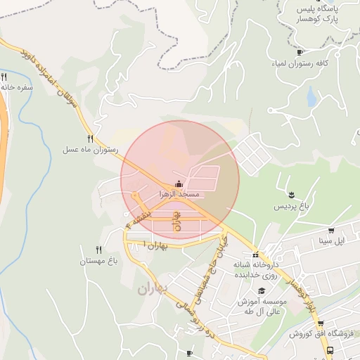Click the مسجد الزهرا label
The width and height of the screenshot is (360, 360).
click(x=180, y=193)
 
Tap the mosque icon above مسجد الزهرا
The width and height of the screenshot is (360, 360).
click(x=176, y=184)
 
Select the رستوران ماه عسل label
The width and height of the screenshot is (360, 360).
click(x=91, y=150)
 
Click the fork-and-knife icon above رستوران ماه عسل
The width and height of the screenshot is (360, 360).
click(x=90, y=139)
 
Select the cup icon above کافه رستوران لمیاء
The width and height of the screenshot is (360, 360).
click(x=300, y=52)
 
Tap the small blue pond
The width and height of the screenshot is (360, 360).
click(x=312, y=98)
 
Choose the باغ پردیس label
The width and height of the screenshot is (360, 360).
click(x=292, y=205)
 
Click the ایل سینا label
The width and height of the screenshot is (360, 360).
click(x=331, y=241)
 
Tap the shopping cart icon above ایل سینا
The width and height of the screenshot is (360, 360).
click(x=330, y=230)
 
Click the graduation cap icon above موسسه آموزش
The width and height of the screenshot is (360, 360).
click(x=262, y=290)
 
